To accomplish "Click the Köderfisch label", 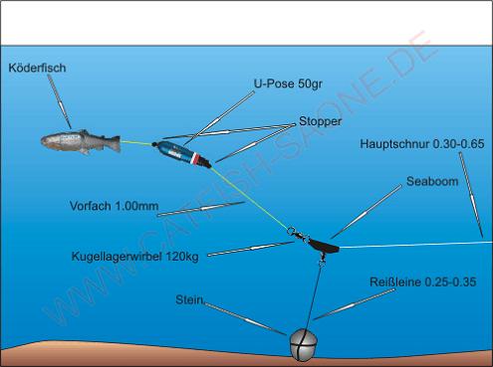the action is [37, 68].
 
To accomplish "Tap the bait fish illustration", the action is [81, 142].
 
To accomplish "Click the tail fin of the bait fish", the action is [115, 143].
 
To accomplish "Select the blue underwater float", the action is [181, 154].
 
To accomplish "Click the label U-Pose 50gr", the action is [288, 84].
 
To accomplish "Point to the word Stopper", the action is [320, 121].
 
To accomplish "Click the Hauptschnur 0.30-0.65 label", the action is [422, 144].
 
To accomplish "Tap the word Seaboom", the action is [432, 181].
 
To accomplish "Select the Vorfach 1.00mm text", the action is [114, 206].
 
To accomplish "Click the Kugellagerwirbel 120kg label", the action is [135, 257].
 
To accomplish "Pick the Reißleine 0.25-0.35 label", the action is [423, 282].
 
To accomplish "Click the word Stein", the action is [189, 299].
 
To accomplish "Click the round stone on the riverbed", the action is [304, 344].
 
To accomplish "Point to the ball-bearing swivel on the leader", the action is [298, 235].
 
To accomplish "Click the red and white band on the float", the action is [197, 159].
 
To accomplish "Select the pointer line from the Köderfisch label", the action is [59, 101].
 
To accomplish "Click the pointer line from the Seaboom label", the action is [367, 212].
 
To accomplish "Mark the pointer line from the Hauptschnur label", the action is [471, 195].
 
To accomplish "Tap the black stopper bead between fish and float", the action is [154, 144].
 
